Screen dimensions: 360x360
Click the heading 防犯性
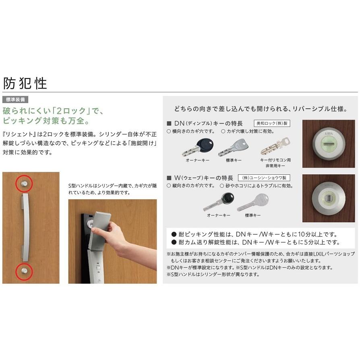[x=25, y=83]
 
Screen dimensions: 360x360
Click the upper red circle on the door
[x=24, y=183]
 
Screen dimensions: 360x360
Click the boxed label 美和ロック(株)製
[x=272, y=123]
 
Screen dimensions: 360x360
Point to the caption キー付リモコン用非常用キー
[x=275, y=163]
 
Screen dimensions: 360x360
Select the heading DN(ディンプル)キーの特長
[x=208, y=124]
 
